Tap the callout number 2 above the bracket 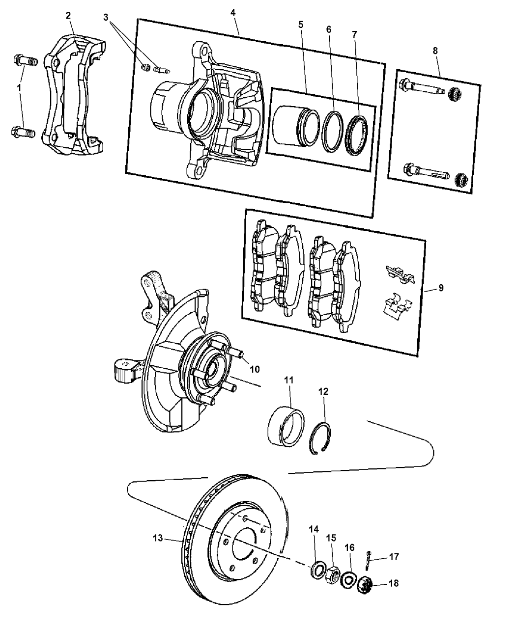coord(68,15)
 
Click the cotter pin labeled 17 coord(368,558)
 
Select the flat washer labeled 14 coord(318,570)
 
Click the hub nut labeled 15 coord(333,573)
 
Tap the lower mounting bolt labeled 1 coord(23,132)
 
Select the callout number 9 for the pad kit coord(441,288)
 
